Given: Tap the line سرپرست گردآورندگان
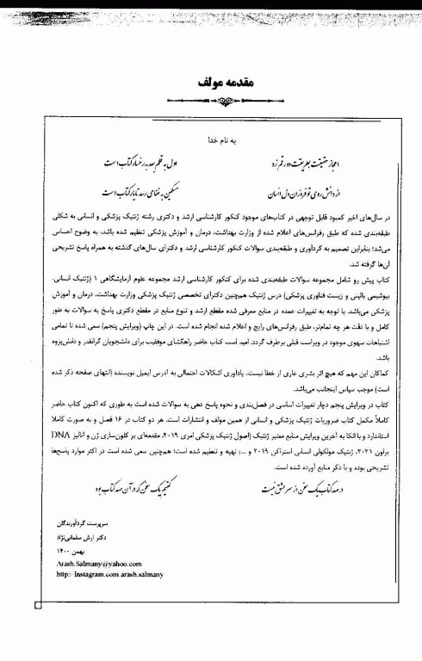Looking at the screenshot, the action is pos(83,522).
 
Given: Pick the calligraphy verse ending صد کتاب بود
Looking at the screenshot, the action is pos(125,488).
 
